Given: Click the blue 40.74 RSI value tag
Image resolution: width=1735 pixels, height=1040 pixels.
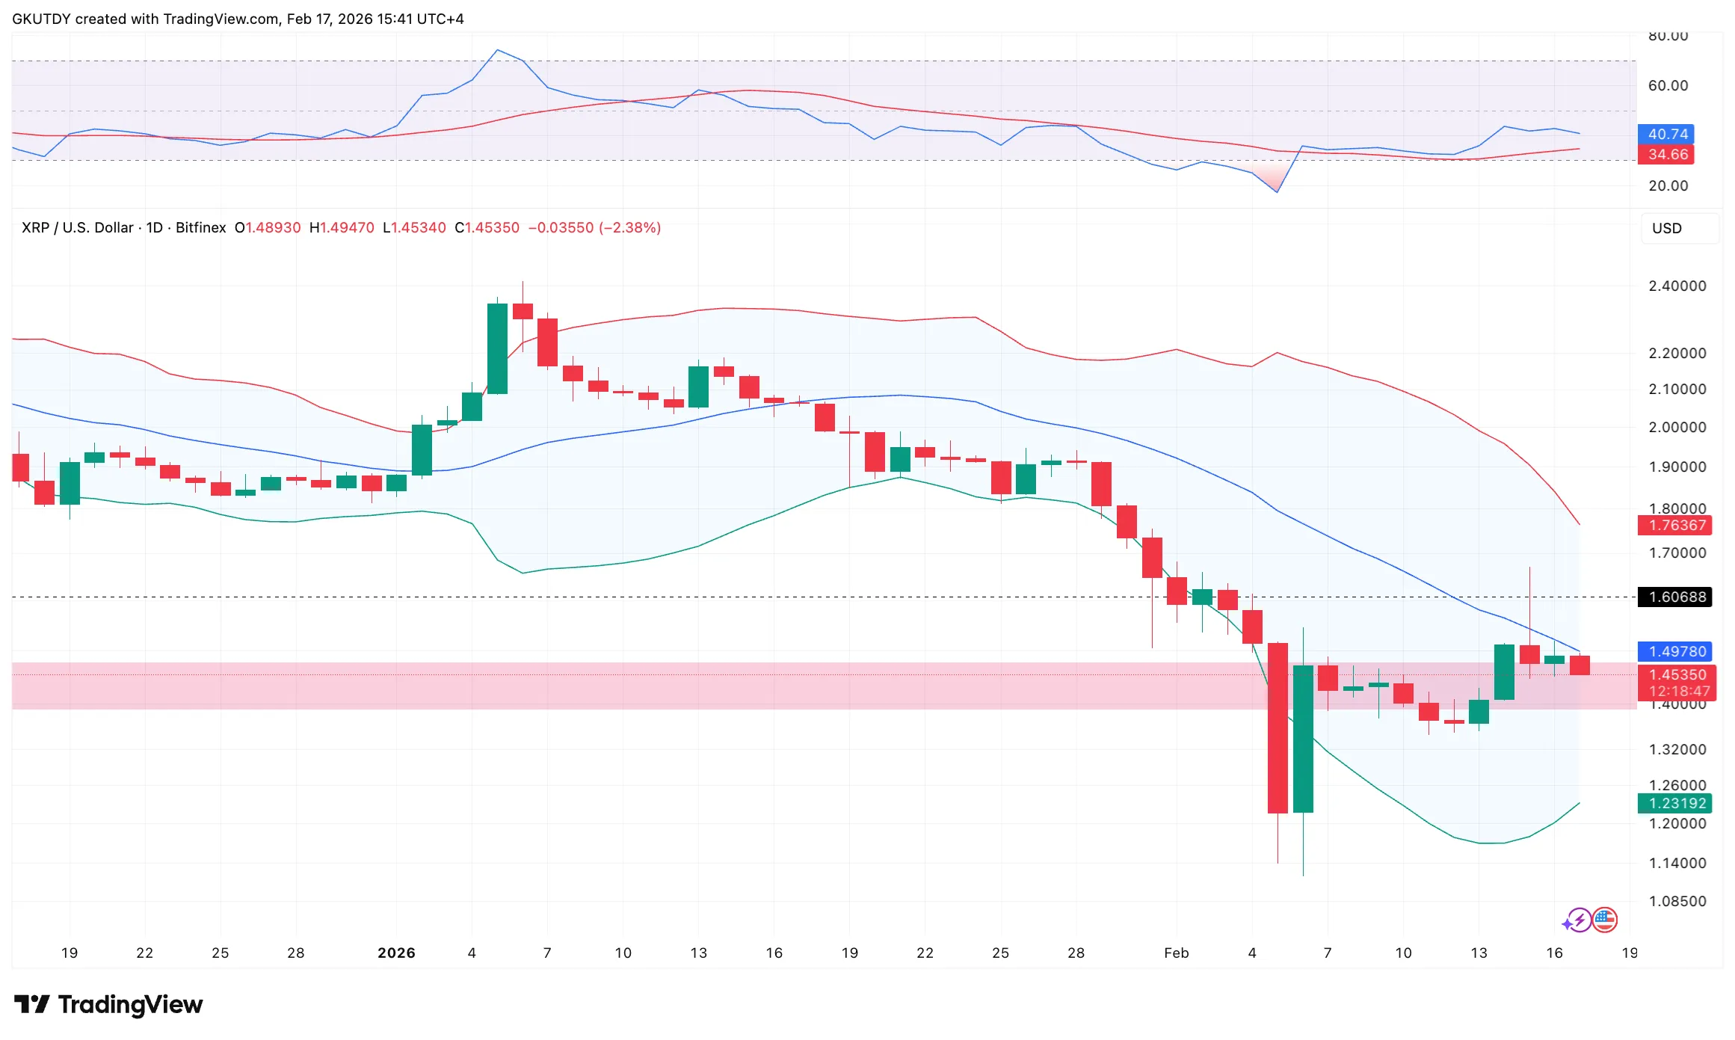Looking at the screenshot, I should click(1667, 134).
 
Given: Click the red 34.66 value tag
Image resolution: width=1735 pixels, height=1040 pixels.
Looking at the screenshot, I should click(1667, 154).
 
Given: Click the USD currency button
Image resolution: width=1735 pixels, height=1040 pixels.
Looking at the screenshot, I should click(1666, 228).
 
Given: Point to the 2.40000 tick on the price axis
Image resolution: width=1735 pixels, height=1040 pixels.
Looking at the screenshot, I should click(1677, 286).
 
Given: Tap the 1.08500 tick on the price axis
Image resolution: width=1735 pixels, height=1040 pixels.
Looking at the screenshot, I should click(1677, 901).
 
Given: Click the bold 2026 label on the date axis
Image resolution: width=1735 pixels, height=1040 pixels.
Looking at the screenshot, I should click(396, 953).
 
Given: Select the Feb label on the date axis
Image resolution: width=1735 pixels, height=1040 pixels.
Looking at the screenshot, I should click(1176, 953).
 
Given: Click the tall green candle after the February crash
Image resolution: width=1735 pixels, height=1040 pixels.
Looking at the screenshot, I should click(1303, 738).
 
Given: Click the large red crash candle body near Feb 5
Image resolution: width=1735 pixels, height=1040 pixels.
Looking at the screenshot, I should click(1278, 727).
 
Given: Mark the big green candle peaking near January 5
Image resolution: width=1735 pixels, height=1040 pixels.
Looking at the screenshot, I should click(497, 348).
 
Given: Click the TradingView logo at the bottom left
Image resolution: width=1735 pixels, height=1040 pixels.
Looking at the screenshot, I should click(108, 1004).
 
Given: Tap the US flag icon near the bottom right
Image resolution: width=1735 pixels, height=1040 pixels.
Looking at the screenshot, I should click(1604, 920).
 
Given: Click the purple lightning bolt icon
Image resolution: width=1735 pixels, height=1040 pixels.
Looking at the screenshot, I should click(1579, 920).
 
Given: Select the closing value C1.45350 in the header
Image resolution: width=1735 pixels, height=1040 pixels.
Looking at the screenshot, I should click(487, 227).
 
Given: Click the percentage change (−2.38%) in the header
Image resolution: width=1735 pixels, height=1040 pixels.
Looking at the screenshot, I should click(629, 227).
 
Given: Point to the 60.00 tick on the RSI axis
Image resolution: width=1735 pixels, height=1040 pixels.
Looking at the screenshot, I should click(1668, 85).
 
